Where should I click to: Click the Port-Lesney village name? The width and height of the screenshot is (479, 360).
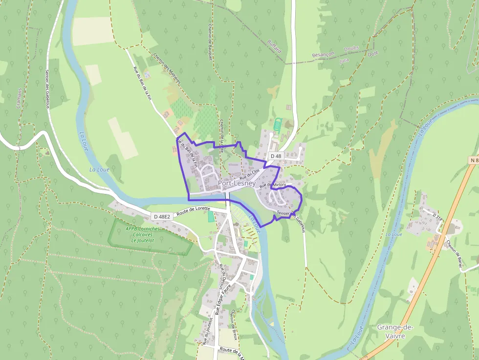tap(237, 184)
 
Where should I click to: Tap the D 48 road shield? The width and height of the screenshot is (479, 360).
tap(276, 156)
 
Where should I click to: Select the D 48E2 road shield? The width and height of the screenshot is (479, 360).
tap(162, 216)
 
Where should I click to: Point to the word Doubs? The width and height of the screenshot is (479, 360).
tap(351, 49)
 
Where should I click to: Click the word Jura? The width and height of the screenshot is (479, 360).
tap(345, 59)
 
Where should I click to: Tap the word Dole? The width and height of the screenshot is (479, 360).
tap(373, 53)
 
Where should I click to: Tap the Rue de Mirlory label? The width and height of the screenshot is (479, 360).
tap(273, 185)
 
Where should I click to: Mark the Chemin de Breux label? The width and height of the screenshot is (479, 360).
tap(233, 322)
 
